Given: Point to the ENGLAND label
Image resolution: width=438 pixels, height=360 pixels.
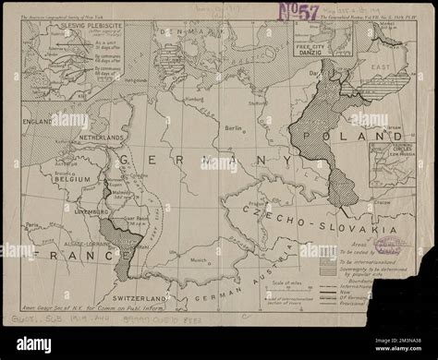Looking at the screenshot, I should [43, 121].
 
